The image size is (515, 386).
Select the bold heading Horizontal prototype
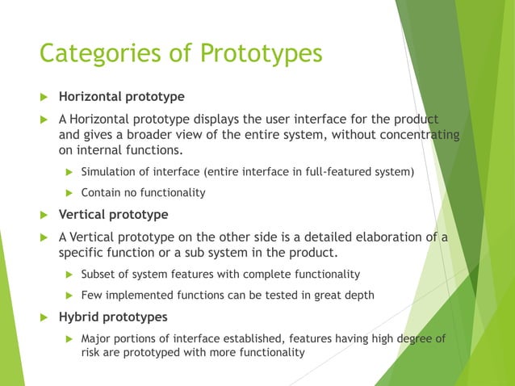[x=121, y=97]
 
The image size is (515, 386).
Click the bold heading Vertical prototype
[x=113, y=215]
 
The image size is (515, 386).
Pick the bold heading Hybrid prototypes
[x=113, y=317]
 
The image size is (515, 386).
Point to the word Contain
[x=102, y=192]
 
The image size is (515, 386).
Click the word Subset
[x=100, y=274]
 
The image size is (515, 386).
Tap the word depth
[x=358, y=295]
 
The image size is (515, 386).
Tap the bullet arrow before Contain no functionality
[x=69, y=193]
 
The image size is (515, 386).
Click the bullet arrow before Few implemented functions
[x=69, y=296]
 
